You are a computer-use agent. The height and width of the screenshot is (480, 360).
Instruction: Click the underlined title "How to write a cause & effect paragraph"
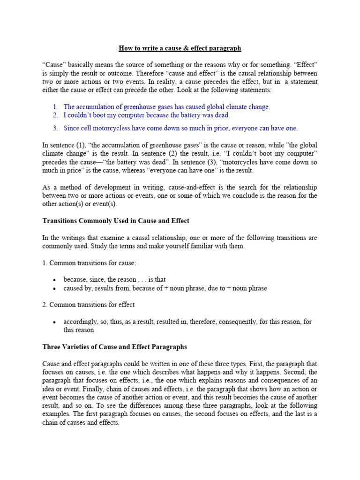click(x=180, y=48)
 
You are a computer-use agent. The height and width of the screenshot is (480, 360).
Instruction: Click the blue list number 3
click(x=55, y=128)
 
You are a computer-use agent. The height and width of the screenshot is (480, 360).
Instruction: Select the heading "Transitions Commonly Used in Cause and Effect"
click(x=116, y=221)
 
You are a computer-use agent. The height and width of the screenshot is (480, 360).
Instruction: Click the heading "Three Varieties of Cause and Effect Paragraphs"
click(x=114, y=347)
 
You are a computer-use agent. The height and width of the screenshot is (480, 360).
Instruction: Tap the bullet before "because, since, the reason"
click(x=55, y=280)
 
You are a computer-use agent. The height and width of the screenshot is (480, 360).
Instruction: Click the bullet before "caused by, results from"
click(x=55, y=289)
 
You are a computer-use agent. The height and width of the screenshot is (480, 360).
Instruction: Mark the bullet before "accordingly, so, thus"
click(x=55, y=322)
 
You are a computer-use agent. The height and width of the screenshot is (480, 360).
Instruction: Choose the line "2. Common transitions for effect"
click(x=89, y=305)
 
